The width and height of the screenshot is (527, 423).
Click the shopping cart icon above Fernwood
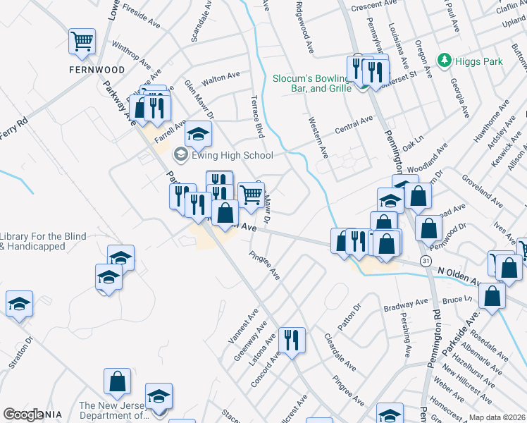(82, 41)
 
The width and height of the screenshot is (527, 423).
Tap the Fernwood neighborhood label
(97, 70)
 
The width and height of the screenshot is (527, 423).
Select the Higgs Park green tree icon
(444, 61)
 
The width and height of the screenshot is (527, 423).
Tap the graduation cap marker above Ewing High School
(199, 133)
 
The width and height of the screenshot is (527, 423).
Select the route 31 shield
(426, 261)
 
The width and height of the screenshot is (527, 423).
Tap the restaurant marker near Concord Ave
(290, 340)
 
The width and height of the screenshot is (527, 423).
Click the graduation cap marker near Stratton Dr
(19, 304)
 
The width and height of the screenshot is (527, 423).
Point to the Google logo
(24, 415)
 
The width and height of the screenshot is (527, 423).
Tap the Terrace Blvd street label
(258, 116)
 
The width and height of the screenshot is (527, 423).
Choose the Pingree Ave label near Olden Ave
(266, 265)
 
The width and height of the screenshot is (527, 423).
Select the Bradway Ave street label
(407, 306)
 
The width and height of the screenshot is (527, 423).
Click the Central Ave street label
(354, 125)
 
